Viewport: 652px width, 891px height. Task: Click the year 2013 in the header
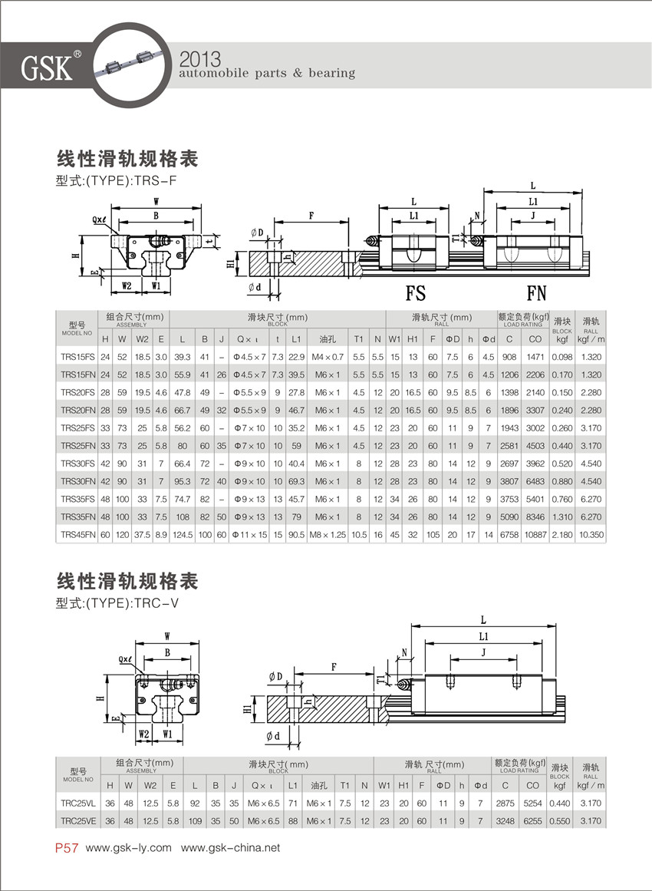tap(199, 59)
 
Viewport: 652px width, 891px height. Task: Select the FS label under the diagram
tap(415, 292)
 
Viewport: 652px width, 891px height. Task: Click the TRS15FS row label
tap(77, 357)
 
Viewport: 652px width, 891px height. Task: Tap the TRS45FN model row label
tap(77, 534)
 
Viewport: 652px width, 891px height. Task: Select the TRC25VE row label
tap(77, 820)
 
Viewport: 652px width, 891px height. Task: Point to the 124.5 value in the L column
tap(182, 534)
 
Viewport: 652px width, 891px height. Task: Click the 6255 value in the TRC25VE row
tap(532, 820)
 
